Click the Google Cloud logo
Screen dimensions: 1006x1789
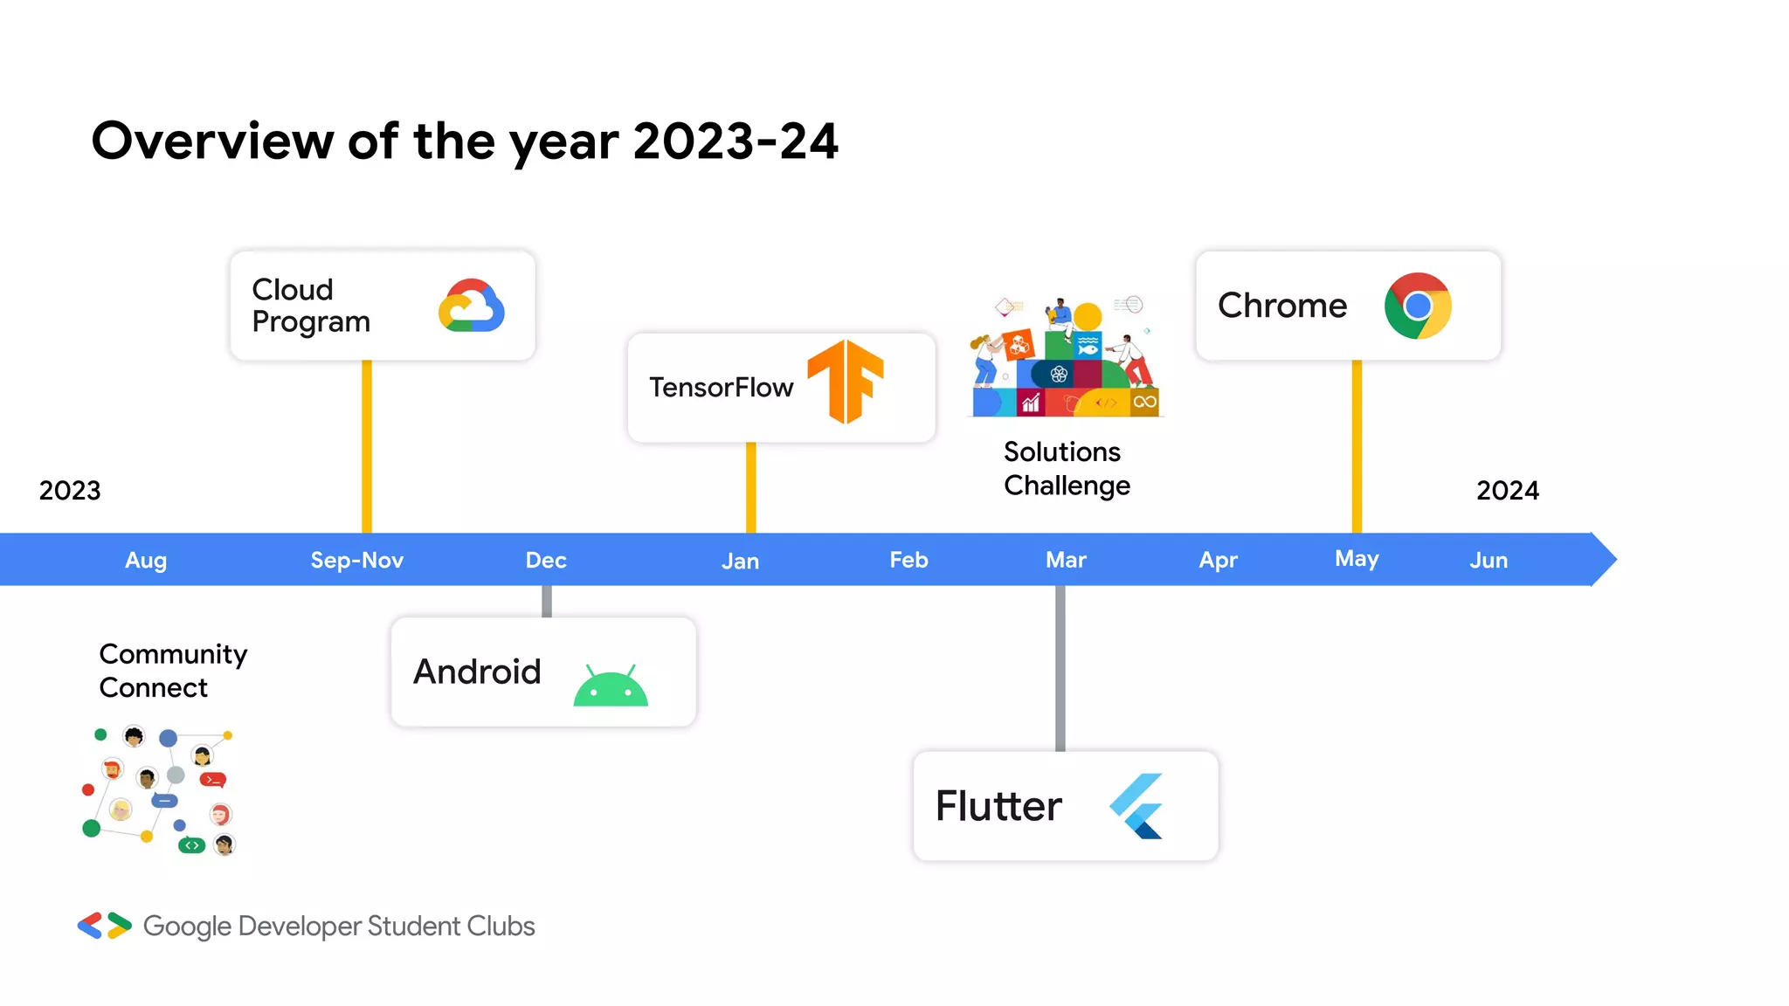[471, 306]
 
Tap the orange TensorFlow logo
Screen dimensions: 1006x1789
[846, 382]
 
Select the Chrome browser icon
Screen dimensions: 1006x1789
[1418, 306]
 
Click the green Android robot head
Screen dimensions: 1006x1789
[611, 686]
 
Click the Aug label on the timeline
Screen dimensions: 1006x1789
[146, 560]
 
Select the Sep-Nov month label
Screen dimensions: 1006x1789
[356, 560]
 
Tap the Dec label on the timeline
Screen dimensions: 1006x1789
[546, 560]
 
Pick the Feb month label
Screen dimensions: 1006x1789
[908, 560]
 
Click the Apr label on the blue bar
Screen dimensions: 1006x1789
[1218, 560]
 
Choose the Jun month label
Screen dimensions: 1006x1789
[1489, 560]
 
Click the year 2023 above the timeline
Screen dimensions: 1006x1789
[70, 490]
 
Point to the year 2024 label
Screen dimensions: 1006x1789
[1508, 490]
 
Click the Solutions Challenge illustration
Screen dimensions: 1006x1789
[1066, 358]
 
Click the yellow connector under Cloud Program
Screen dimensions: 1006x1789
[367, 445]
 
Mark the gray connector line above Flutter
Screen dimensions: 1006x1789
[1060, 668]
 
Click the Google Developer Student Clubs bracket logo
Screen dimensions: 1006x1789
[104, 926]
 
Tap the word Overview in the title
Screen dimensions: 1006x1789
[211, 141]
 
